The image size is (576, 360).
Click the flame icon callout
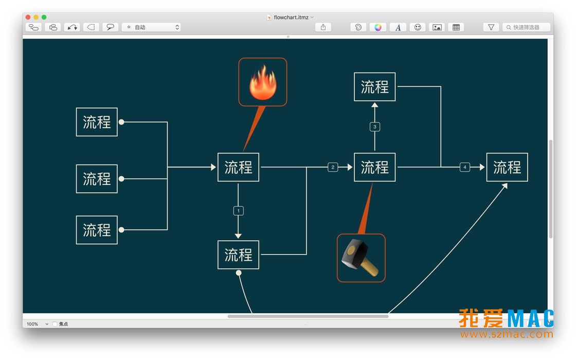tap(263, 82)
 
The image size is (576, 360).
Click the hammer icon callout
tap(361, 258)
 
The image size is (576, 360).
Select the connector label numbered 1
tap(239, 211)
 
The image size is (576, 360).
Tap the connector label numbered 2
tap(333, 167)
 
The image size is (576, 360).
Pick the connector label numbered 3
tap(375, 127)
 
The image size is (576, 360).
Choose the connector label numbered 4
tap(465, 167)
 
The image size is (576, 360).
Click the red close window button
tap(28, 17)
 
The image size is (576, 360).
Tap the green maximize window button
tap(44, 17)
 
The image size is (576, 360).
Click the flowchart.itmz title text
tap(291, 17)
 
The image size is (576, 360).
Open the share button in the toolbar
tap(323, 27)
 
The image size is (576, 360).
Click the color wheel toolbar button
tap(378, 27)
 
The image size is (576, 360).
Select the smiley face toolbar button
tap(418, 27)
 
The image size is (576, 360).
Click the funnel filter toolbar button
tap(491, 27)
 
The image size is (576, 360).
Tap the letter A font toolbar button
tap(398, 27)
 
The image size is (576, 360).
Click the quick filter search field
tap(527, 27)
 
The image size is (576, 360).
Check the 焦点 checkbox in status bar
tap(55, 324)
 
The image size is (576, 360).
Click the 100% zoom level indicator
tap(32, 324)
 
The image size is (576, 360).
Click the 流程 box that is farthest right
tap(507, 167)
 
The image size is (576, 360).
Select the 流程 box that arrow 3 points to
tap(375, 87)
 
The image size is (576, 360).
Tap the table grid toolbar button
tap(456, 27)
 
